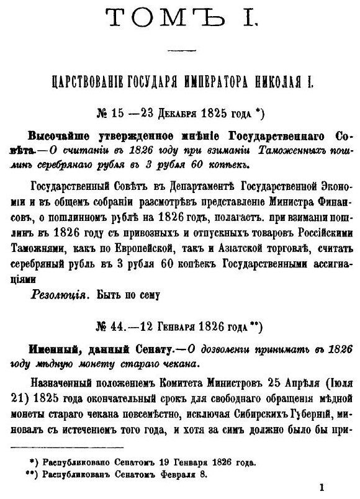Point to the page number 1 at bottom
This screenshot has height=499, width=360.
[x=322, y=488]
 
